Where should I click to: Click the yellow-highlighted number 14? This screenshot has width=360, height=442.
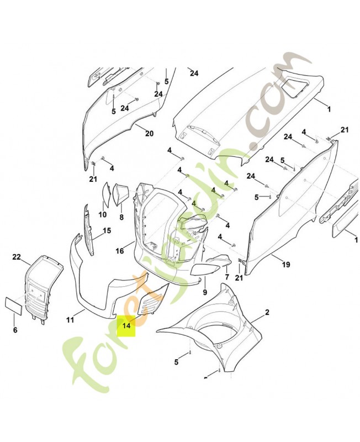[126, 325]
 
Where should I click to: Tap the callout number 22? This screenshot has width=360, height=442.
[17, 257]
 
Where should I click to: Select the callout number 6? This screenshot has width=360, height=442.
[15, 330]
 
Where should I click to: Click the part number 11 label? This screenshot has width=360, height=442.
[70, 320]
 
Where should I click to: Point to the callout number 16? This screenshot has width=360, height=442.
[120, 251]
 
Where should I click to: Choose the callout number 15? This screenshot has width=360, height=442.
[107, 231]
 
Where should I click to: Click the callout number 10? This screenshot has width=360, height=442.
[103, 214]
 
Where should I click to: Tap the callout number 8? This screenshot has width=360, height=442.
[121, 217]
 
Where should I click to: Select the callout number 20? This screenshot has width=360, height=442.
[149, 133]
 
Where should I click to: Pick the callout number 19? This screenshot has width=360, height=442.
[286, 265]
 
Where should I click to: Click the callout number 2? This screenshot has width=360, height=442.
[267, 312]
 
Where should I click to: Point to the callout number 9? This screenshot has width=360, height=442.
[205, 292]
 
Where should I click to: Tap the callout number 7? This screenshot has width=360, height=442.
[227, 277]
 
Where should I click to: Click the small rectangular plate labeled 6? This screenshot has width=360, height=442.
[13, 306]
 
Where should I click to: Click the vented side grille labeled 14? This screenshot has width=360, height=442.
[151, 300]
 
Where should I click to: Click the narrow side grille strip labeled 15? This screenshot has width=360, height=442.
[89, 229]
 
